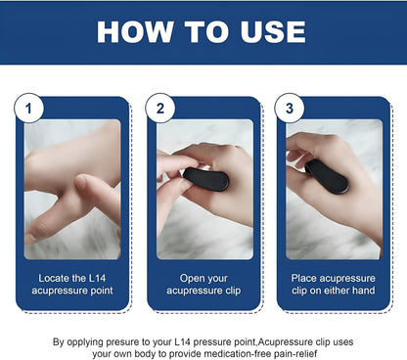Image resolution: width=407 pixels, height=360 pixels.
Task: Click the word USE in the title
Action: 265,31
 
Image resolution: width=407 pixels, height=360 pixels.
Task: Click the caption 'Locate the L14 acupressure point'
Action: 73,285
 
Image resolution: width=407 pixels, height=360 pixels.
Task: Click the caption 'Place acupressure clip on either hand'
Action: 333,285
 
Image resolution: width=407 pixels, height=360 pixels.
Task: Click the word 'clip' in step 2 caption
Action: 237,292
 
